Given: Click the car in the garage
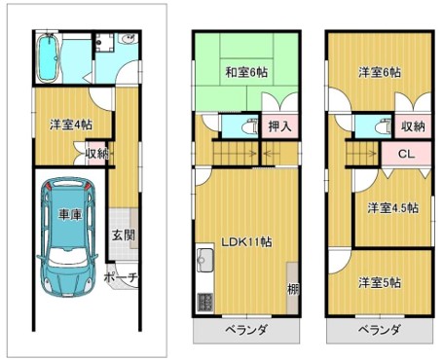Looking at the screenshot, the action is (x=67, y=237).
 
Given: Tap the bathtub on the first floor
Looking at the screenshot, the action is (x=49, y=58).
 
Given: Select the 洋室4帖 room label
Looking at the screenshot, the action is (x=71, y=125).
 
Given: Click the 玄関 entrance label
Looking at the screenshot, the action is (x=124, y=235).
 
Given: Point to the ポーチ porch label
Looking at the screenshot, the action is (x=122, y=277).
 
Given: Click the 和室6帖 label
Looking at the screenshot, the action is (x=246, y=72).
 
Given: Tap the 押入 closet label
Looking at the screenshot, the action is (x=279, y=126).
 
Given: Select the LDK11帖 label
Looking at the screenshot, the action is (x=246, y=241).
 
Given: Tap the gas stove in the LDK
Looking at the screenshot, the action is (x=205, y=303).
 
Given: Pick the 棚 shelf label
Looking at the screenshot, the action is (x=293, y=289).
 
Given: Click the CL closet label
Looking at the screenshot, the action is (x=406, y=154).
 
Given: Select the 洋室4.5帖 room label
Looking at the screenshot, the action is (x=392, y=208).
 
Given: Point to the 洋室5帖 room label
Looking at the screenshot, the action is (x=380, y=282).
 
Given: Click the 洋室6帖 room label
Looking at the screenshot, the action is (x=380, y=72).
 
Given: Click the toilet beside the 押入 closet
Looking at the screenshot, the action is (x=250, y=126).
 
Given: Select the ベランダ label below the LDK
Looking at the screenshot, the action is (x=246, y=330).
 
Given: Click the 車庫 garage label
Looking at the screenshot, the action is (x=70, y=214).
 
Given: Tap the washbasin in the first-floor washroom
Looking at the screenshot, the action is (x=129, y=39).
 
